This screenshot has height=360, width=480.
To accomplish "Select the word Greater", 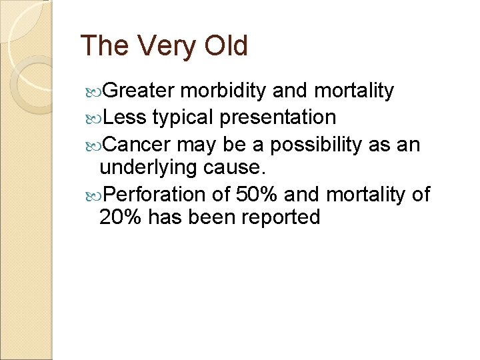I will click(139, 91).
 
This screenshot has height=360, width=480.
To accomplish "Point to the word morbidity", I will click(226, 91).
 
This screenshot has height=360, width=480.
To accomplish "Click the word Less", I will click(126, 118).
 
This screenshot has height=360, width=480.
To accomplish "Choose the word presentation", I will click(278, 118).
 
